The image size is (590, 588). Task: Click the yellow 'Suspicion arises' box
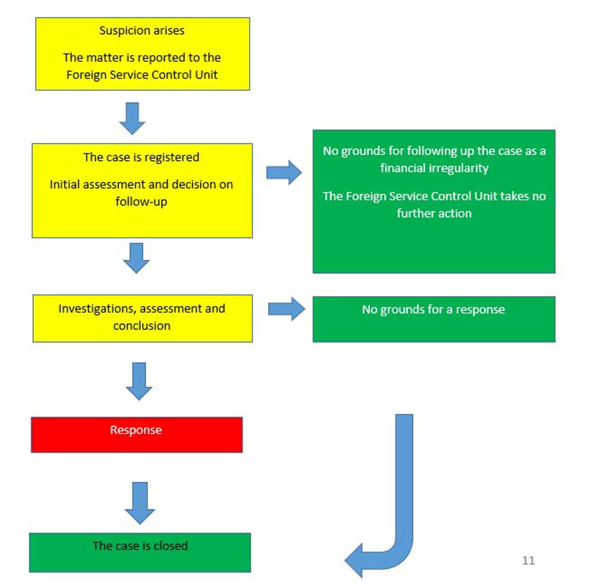pos(142,54)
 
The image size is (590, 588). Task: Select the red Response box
pos(136,435)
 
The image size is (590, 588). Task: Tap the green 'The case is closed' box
pos(140,552)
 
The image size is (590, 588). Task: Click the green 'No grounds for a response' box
pos(434,319)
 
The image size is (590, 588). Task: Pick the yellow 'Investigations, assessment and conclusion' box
pos(142,318)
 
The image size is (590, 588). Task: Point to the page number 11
pos(528,560)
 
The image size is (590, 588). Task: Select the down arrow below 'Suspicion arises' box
pos(132,118)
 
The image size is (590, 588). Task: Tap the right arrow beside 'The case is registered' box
pos(284,173)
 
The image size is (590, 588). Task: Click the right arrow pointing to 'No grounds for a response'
pos(286,309)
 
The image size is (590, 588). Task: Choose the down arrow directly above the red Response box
pos(139,381)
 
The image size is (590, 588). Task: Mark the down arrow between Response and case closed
pos(140,502)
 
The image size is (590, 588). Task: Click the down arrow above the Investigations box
pos(136,257)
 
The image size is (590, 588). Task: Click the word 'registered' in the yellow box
pos(173,157)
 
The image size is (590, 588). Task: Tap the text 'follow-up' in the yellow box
pos(141,202)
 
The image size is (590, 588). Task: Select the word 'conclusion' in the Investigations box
pos(142,326)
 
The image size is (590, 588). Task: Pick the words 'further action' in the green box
pos(434,214)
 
